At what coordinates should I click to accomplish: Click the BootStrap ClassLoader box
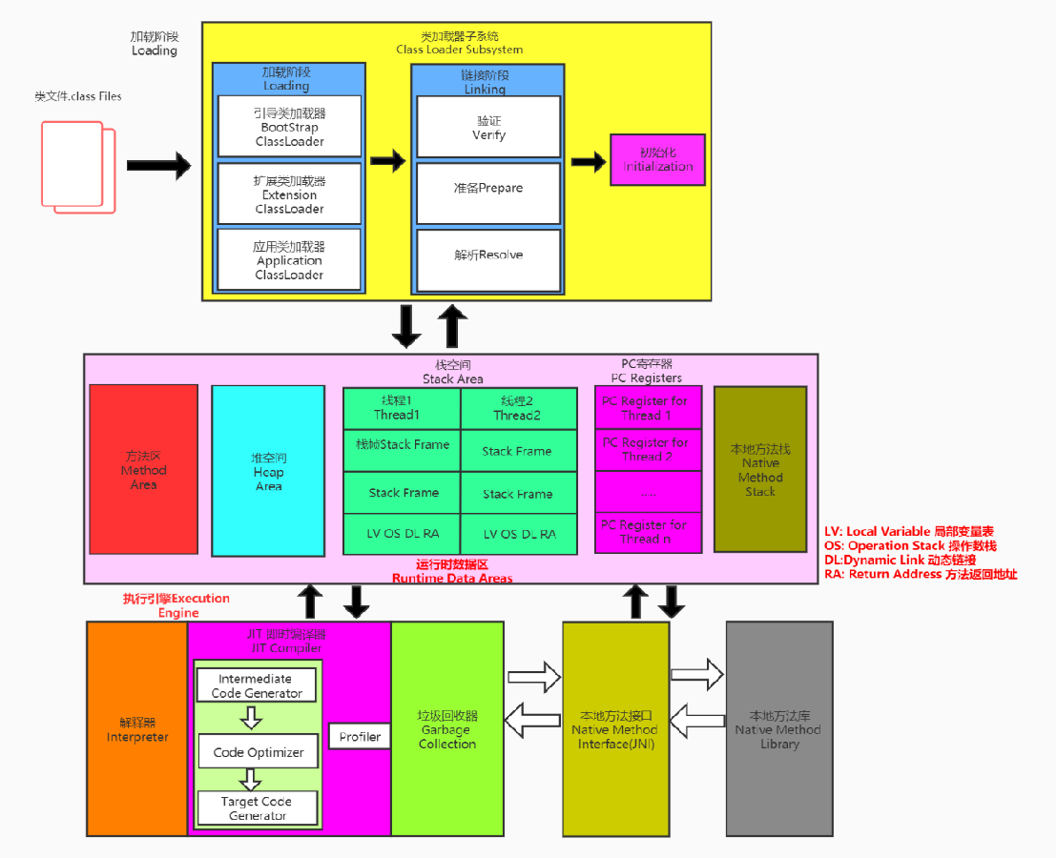click(289, 126)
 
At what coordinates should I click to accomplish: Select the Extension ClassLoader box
click(289, 194)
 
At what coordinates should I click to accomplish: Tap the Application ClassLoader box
click(289, 259)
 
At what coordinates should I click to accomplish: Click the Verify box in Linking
click(488, 127)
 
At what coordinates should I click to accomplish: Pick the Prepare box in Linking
click(488, 188)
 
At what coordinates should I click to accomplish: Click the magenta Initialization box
click(657, 160)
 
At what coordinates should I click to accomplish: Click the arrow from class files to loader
click(158, 166)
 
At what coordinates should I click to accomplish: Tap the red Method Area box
click(143, 469)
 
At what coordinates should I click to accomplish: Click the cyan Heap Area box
click(268, 471)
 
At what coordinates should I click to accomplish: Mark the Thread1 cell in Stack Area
click(402, 408)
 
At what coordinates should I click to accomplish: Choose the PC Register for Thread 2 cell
click(648, 450)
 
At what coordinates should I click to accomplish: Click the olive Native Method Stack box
click(759, 469)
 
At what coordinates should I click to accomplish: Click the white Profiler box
click(360, 736)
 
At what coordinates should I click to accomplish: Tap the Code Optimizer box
click(259, 752)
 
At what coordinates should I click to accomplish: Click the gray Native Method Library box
click(778, 728)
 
